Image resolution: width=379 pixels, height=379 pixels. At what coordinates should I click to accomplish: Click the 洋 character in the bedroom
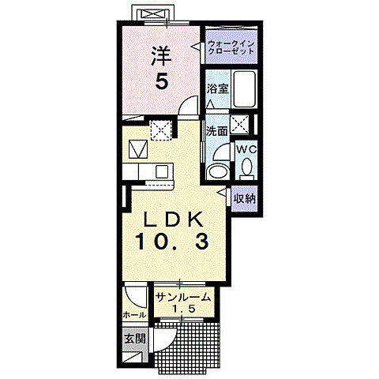coord(160,54)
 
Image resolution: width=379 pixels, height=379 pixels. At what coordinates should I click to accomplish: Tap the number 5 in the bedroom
coord(161,81)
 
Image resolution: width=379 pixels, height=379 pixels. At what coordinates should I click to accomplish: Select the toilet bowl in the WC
coord(247,167)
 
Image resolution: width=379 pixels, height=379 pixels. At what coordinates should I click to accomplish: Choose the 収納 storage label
coord(246,199)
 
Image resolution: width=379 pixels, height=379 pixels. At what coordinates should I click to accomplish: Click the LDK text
coord(173,218)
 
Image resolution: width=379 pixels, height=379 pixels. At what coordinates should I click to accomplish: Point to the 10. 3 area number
coord(173,242)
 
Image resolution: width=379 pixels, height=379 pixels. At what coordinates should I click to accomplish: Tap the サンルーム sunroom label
coord(183,297)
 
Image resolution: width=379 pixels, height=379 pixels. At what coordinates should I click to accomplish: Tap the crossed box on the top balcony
coord(152,15)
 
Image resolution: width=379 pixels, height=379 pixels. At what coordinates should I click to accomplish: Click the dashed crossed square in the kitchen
coord(162,129)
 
